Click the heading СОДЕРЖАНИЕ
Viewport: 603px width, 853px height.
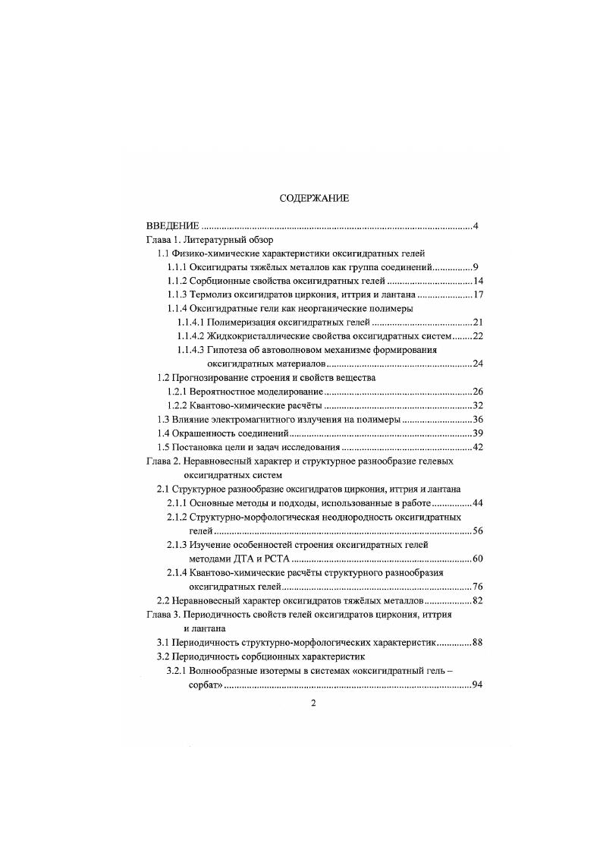click(314, 199)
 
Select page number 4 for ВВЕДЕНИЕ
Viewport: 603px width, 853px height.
click(474, 226)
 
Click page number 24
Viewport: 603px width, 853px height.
click(468, 364)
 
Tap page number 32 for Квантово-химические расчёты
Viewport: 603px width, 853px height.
click(468, 405)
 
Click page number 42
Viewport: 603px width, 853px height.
click(468, 446)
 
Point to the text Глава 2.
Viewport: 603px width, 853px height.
click(164, 461)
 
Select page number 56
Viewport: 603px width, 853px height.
click(468, 530)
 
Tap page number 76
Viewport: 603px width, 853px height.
click(468, 587)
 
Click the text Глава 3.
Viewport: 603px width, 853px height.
click(164, 615)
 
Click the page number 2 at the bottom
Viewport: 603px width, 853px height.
click(313, 703)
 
